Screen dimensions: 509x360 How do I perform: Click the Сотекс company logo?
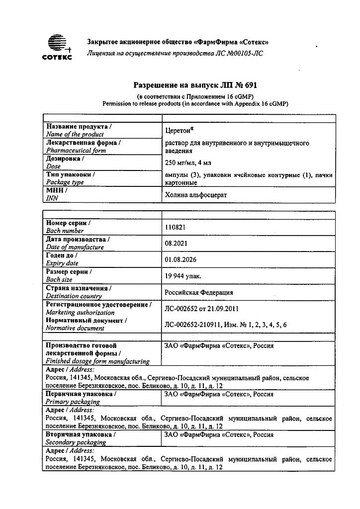tap(56, 48)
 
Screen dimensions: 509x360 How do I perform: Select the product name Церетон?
tap(179, 130)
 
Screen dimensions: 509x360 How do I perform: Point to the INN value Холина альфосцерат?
tap(195, 195)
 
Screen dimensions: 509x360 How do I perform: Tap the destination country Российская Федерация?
tap(198, 292)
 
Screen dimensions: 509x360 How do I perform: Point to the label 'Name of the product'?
tap(75, 134)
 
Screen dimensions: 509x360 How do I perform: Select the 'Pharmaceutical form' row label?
tap(76, 150)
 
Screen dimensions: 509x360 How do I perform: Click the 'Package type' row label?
tap(65, 182)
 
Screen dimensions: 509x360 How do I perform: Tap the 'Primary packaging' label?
tap(73, 401)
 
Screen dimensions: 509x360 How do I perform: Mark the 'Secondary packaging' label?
tap(76, 442)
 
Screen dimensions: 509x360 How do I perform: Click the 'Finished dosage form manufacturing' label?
tap(97, 361)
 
